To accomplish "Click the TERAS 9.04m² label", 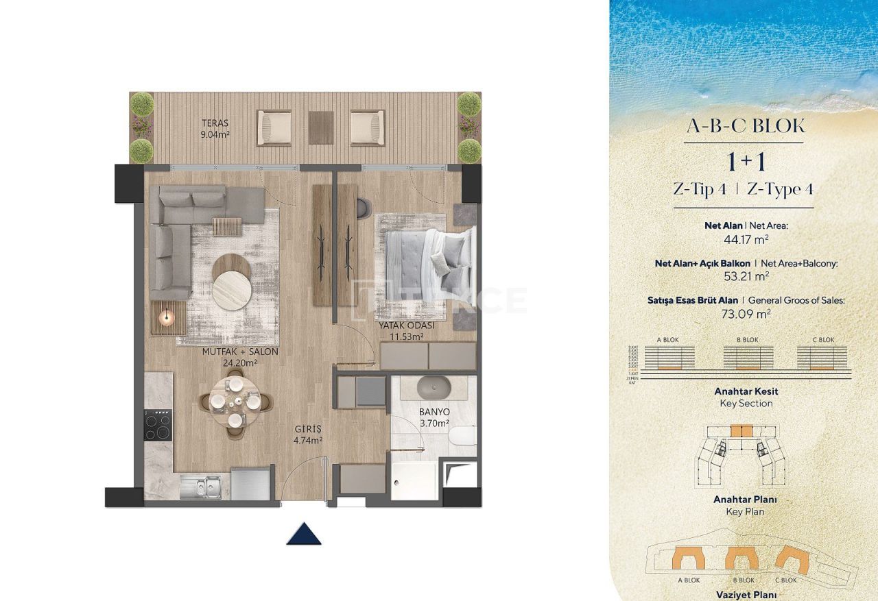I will pos(215,129).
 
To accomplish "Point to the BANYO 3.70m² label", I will pos(434,417).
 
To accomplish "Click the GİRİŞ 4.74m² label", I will pos(307,434).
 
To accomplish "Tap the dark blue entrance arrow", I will pos(304,533).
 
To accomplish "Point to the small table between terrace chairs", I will pos(320,127).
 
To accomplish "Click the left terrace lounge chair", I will pos(274,127).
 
